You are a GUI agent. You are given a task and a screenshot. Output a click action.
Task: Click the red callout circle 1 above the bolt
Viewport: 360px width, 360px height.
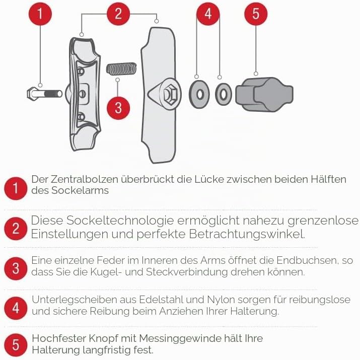[x=40, y=14]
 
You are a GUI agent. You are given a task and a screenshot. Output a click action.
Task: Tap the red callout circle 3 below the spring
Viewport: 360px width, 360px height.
[x=118, y=108]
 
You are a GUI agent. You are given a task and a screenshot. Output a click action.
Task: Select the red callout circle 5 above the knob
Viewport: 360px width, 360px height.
[x=256, y=14]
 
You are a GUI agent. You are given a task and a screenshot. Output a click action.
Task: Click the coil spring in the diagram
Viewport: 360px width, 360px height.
[x=121, y=68]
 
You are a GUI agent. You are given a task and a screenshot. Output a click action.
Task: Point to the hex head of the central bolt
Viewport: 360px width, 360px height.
[x=32, y=94]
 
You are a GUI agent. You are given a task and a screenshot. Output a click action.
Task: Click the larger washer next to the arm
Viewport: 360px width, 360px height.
[x=199, y=94]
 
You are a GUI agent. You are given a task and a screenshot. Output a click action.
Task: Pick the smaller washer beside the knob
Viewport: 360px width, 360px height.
[x=224, y=94]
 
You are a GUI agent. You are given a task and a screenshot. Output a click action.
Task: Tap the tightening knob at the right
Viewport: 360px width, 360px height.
[x=264, y=94]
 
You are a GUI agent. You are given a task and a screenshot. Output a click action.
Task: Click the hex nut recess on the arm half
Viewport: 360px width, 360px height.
[x=170, y=94]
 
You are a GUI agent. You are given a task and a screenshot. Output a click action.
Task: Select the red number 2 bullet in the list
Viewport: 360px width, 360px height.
[x=16, y=229]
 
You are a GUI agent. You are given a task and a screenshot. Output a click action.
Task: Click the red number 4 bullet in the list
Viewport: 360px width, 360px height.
[x=16, y=308]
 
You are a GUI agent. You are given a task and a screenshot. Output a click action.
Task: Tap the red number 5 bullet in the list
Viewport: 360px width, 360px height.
[x=16, y=345]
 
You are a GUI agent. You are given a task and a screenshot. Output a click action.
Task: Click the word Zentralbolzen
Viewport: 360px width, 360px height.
[x=85, y=179]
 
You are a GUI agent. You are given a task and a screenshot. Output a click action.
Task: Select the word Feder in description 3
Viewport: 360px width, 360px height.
[x=108, y=260]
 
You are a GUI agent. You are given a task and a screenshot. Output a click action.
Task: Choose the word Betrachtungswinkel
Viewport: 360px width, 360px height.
[x=247, y=234]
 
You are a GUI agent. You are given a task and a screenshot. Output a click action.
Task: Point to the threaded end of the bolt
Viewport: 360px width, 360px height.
[x=53, y=94]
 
